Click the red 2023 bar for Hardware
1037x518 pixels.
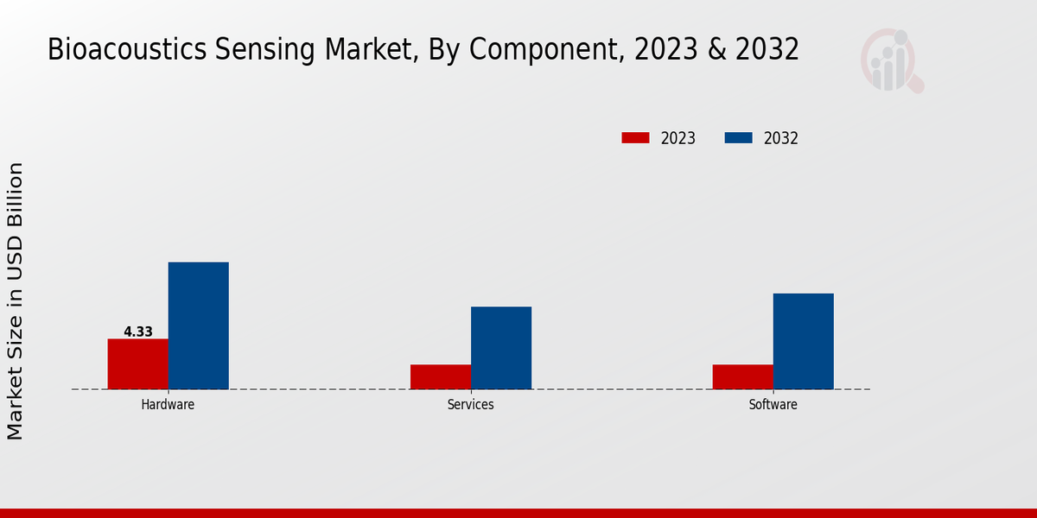click(x=137, y=363)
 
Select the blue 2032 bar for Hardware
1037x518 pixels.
click(x=198, y=325)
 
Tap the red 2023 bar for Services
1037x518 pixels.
click(x=440, y=376)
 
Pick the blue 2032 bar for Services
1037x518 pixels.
click(x=500, y=348)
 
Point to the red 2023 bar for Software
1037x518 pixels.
click(x=742, y=376)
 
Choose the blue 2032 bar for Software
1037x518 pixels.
click(x=803, y=341)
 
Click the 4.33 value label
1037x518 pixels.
click(x=138, y=332)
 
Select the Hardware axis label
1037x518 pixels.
click(x=168, y=404)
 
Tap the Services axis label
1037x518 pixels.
click(x=470, y=404)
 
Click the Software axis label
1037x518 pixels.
click(x=773, y=404)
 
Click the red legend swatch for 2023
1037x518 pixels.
click(x=635, y=138)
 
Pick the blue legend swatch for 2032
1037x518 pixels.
click(x=737, y=138)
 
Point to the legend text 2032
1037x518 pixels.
click(x=781, y=138)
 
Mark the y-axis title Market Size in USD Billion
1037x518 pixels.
click(x=16, y=300)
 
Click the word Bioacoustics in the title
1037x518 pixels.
click(x=127, y=50)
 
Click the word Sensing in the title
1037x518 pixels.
click(x=264, y=50)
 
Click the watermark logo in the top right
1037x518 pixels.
click(x=891, y=60)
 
